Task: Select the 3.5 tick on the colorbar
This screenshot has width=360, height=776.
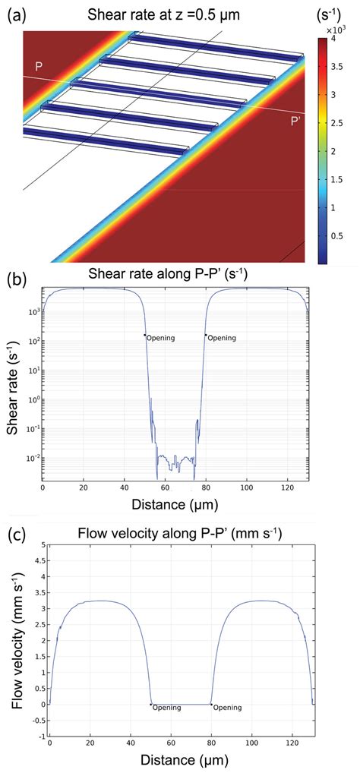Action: (x=337, y=67)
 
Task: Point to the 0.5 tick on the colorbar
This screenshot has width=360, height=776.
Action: (x=337, y=236)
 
